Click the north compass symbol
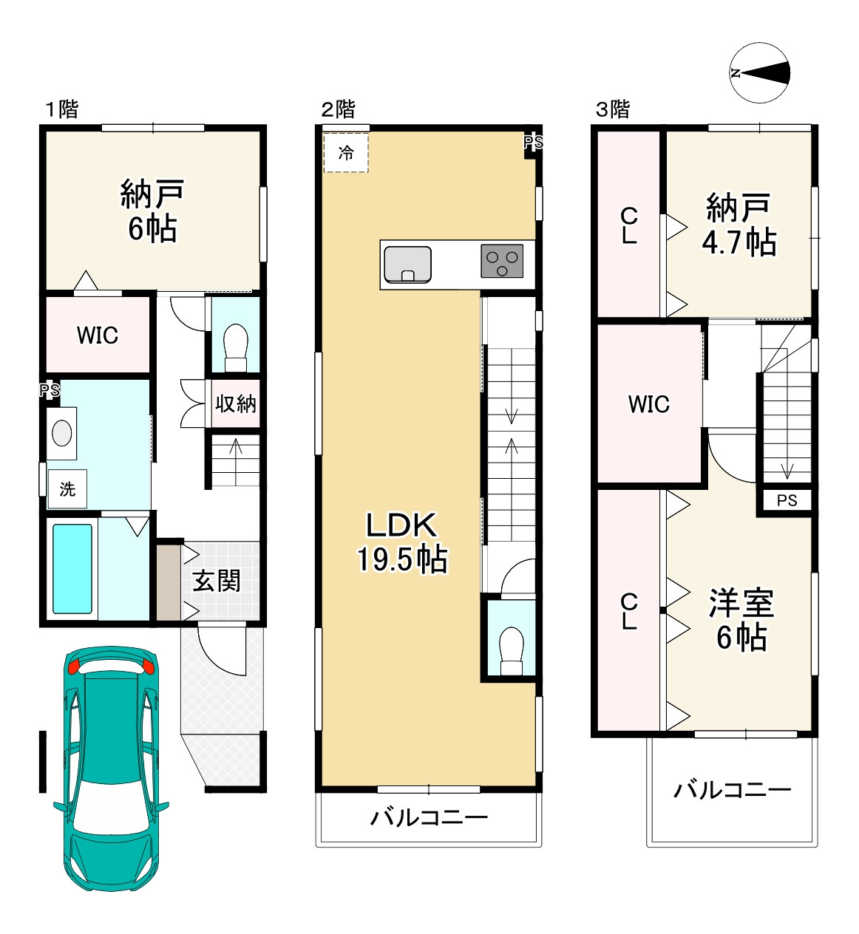(x=759, y=72)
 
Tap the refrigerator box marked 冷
(x=346, y=152)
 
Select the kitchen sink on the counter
(x=407, y=265)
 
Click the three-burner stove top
(x=501, y=261)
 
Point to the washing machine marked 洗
(x=67, y=488)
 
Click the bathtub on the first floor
(x=72, y=568)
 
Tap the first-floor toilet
(x=235, y=348)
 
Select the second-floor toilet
(x=511, y=651)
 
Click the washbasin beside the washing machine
(x=61, y=433)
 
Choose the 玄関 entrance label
(x=216, y=581)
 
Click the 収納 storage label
(x=235, y=403)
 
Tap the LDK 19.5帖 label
(x=402, y=542)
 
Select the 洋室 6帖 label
(x=741, y=620)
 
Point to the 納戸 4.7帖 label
(x=739, y=225)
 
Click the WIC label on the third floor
(x=649, y=403)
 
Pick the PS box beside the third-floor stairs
(x=787, y=500)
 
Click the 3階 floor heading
(x=613, y=109)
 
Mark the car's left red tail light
(x=75, y=667)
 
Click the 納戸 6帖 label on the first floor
(x=152, y=211)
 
